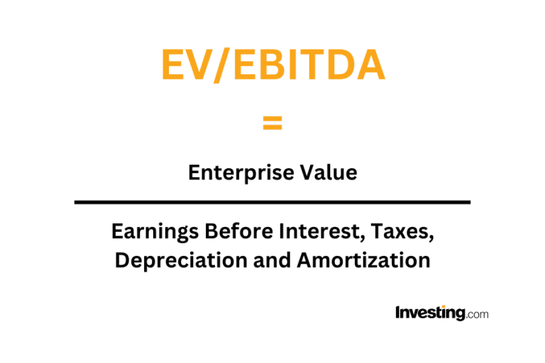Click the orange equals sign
click(272, 123)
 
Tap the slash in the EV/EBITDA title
click(222, 65)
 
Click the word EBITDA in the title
click(309, 65)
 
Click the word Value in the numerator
click(329, 172)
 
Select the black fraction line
click(272, 202)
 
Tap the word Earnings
click(155, 232)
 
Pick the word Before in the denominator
click(238, 231)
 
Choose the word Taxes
click(402, 232)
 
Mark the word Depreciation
click(181, 261)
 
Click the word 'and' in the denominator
click(272, 260)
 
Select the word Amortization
click(363, 260)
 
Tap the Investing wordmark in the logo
click(430, 313)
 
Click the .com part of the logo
click(477, 314)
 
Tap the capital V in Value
click(308, 172)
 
